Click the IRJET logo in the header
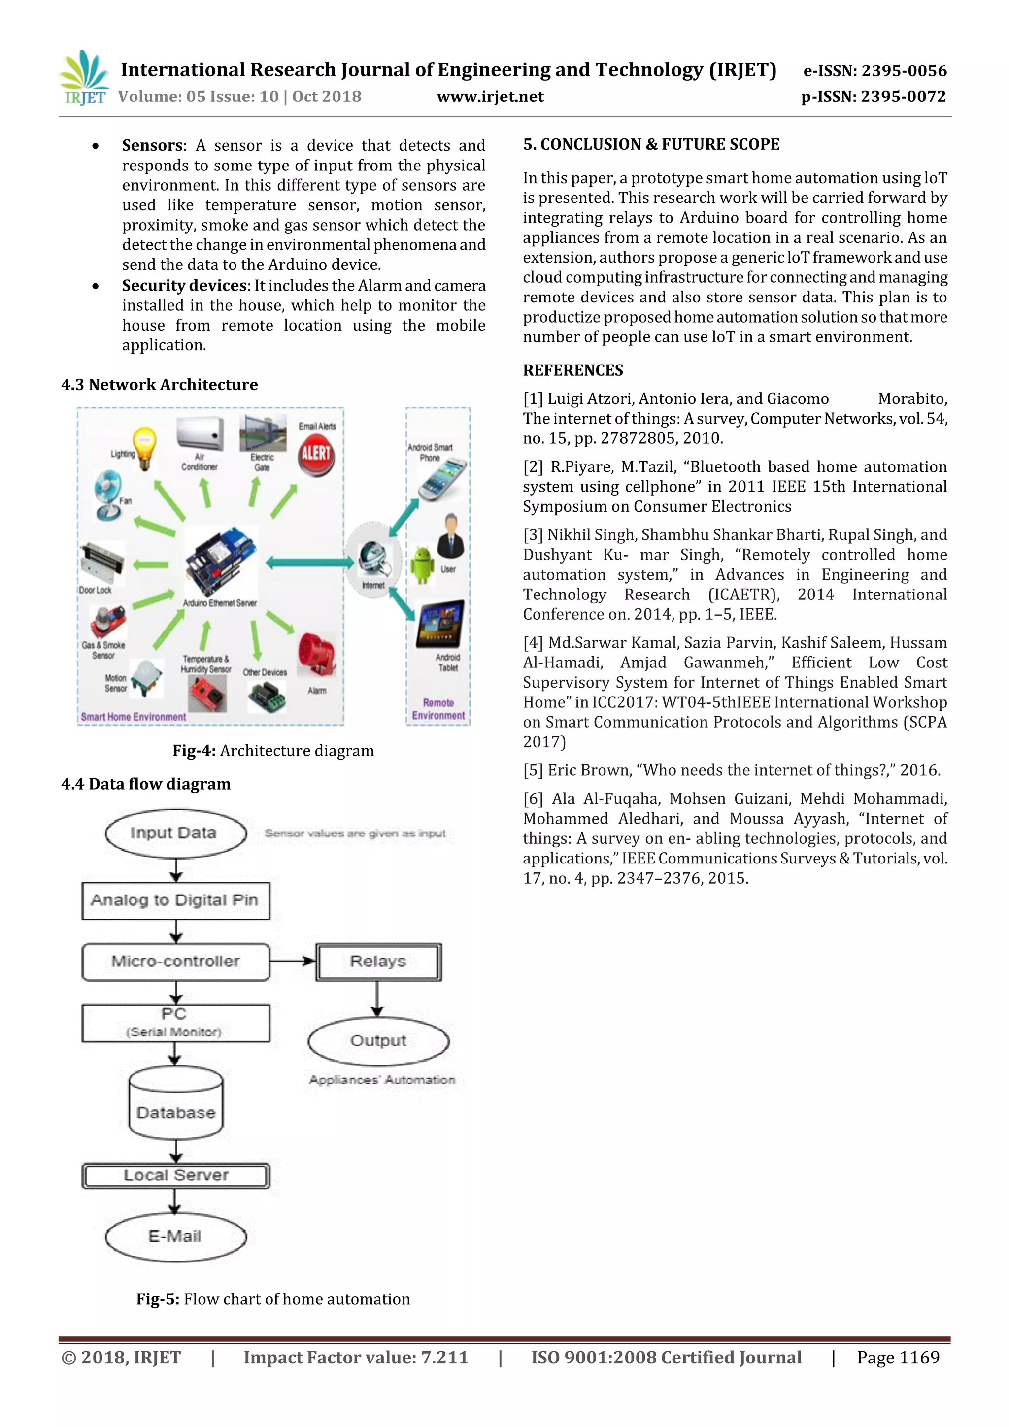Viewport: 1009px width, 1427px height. [x=84, y=78]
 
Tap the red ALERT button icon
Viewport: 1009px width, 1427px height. [x=316, y=454]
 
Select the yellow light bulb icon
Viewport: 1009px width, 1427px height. [x=145, y=447]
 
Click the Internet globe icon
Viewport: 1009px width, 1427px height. [x=373, y=557]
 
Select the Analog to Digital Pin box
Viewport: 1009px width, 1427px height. [x=175, y=900]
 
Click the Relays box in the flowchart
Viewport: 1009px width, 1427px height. [x=378, y=961]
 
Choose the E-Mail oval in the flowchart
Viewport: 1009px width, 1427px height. [x=175, y=1236]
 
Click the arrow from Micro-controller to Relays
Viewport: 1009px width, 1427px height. [x=292, y=961]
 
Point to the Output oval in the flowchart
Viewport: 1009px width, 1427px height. [x=378, y=1040]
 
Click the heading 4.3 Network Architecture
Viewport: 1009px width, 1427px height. [x=159, y=385]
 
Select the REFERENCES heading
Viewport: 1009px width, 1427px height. [x=572, y=370]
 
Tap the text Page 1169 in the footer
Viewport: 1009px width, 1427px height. [x=898, y=1358]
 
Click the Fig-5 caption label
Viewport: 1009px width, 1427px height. [x=158, y=1299]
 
